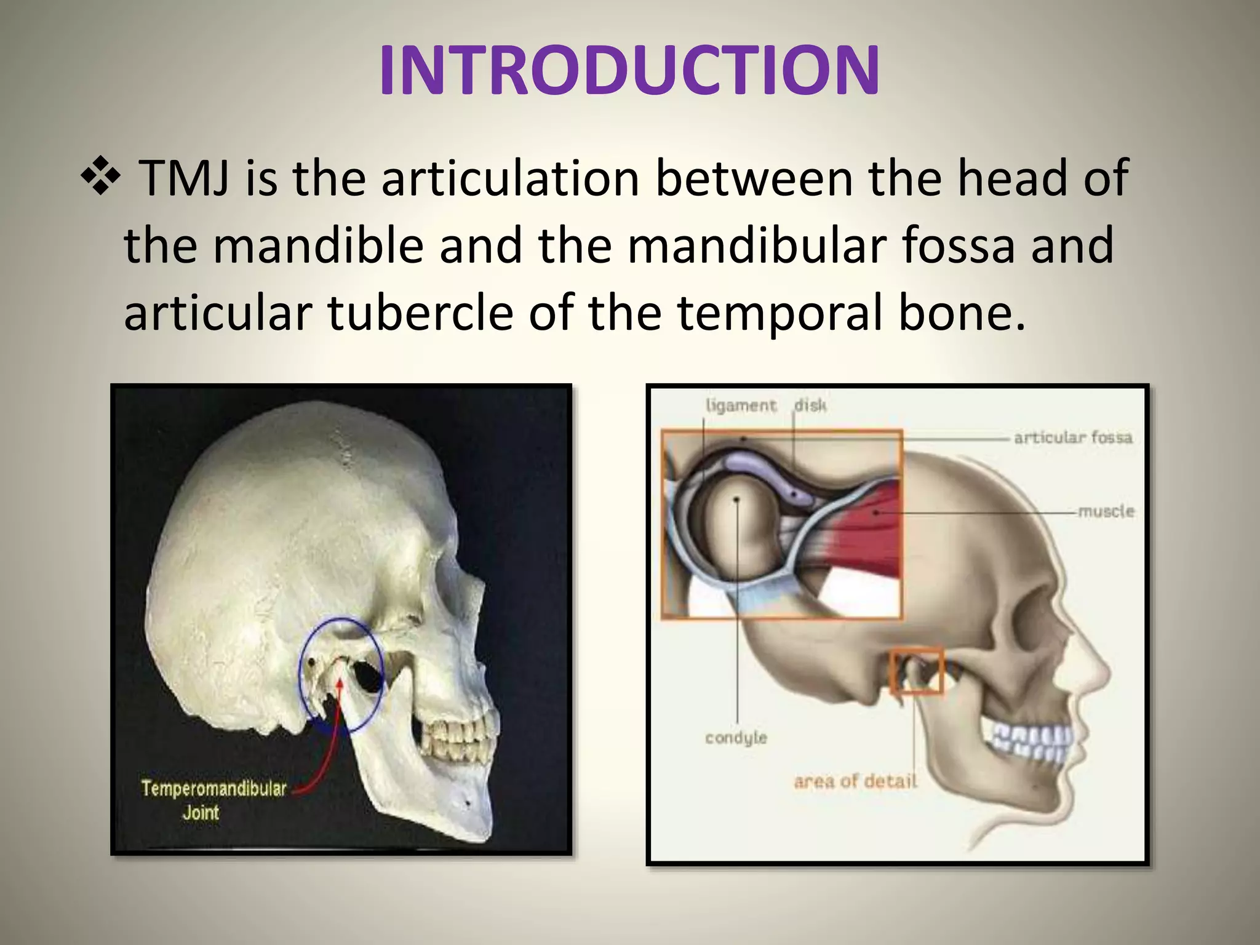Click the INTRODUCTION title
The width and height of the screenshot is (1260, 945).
[x=629, y=71]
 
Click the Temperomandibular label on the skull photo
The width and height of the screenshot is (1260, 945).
[x=213, y=789]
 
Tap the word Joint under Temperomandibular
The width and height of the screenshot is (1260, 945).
[x=201, y=813]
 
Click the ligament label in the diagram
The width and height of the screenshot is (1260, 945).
[x=741, y=405]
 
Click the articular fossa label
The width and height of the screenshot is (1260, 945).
[x=1073, y=437]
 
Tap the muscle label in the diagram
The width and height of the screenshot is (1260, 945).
[x=1106, y=511]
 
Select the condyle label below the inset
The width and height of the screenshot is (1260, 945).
[x=736, y=737]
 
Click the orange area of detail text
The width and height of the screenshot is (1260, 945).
[x=855, y=781]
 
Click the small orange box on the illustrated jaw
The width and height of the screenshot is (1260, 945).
[x=917, y=670]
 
